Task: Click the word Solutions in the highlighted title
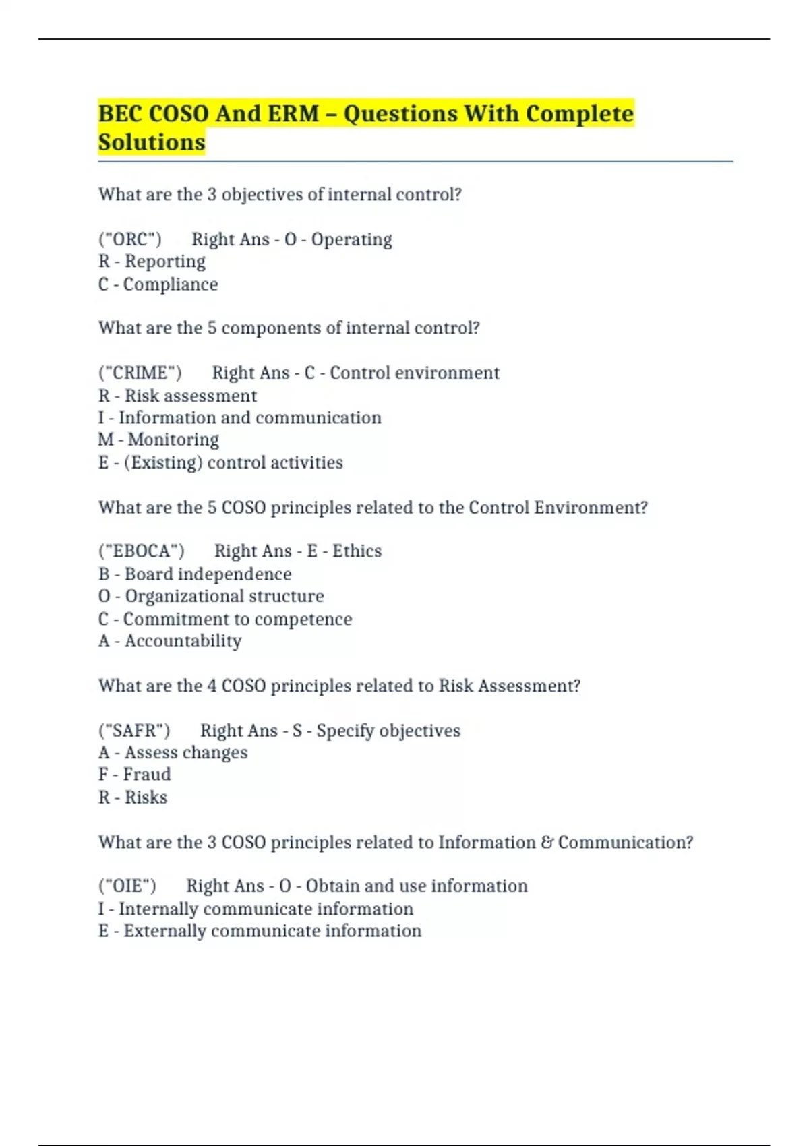tap(152, 142)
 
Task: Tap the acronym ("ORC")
tap(130, 239)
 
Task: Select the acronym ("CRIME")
tap(140, 373)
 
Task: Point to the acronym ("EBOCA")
tap(142, 551)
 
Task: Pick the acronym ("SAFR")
tap(134, 731)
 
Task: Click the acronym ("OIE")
tap(127, 886)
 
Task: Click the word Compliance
tap(171, 284)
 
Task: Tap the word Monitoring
tap(173, 440)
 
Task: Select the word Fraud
tap(147, 774)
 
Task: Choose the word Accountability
tap(183, 640)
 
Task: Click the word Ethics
tap(357, 551)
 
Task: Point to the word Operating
tap(351, 239)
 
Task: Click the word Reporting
tap(165, 262)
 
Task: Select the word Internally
tap(158, 909)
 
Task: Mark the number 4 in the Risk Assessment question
tap(212, 686)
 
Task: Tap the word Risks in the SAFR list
tap(146, 797)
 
